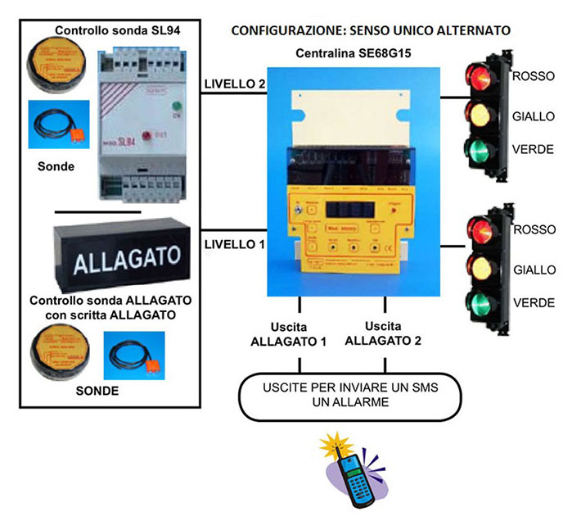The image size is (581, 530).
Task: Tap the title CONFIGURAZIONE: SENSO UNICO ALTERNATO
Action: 371,30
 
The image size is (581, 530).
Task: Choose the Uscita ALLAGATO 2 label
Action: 384,333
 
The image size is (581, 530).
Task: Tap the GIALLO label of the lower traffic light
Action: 534,270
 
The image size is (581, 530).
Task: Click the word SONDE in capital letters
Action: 97,391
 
